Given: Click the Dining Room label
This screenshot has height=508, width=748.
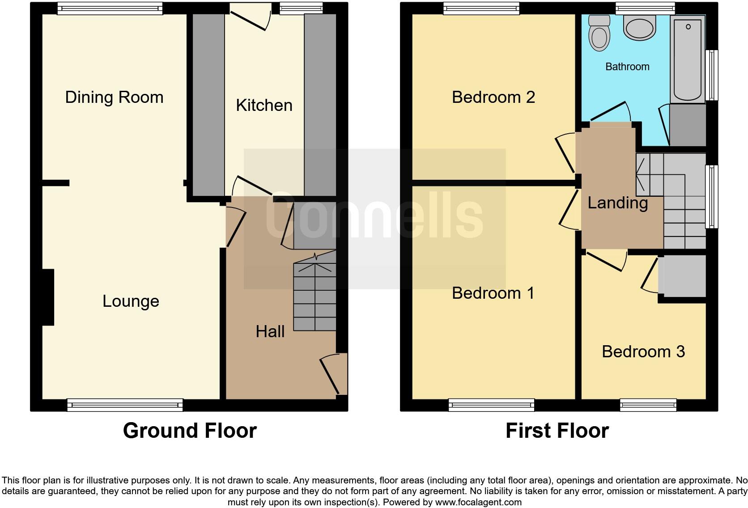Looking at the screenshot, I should point(114,97).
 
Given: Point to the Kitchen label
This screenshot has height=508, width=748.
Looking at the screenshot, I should point(264,105).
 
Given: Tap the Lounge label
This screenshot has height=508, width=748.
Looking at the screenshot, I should point(131,301).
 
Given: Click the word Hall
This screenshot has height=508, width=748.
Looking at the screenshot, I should point(270,331).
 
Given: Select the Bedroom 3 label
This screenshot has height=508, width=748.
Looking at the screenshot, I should point(643,351).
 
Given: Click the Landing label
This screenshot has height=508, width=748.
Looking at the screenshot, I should point(617,203).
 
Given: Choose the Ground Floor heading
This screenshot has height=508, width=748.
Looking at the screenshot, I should point(190,430).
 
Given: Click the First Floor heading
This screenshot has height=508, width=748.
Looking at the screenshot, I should point(557,430).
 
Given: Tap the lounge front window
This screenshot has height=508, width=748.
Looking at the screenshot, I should point(125,405).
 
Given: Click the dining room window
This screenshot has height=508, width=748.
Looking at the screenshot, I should point(110,8).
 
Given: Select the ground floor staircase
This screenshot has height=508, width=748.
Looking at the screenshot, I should point(314,295).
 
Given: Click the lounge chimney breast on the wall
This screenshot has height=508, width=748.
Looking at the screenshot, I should point(48,297).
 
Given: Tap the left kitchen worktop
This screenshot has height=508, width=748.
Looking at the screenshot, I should point(208,105).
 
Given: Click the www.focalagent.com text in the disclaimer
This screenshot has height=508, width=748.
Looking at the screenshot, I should point(478,502).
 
